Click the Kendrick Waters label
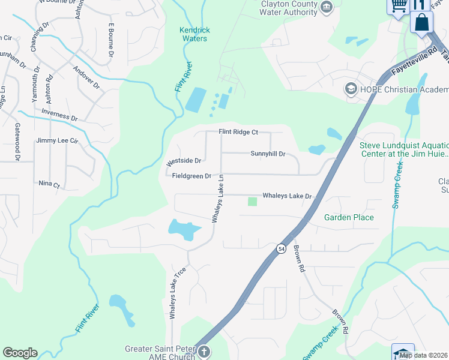pos(193,34)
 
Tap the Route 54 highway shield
pos(281,248)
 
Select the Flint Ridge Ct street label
pos(238,132)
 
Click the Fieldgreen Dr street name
pos(191,176)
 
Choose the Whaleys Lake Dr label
pos(288,196)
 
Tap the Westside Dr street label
pos(183,161)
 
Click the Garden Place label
pos(349,217)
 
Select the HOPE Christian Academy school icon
pos(350,89)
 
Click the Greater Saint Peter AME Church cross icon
pos(203,352)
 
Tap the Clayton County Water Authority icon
pos(327,8)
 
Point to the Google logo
pos(20,353)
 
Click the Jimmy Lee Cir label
pos(58,140)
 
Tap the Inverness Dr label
pos(60,115)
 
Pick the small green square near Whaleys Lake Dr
pos(252,202)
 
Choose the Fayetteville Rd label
pos(413,59)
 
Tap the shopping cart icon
pos(398,6)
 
